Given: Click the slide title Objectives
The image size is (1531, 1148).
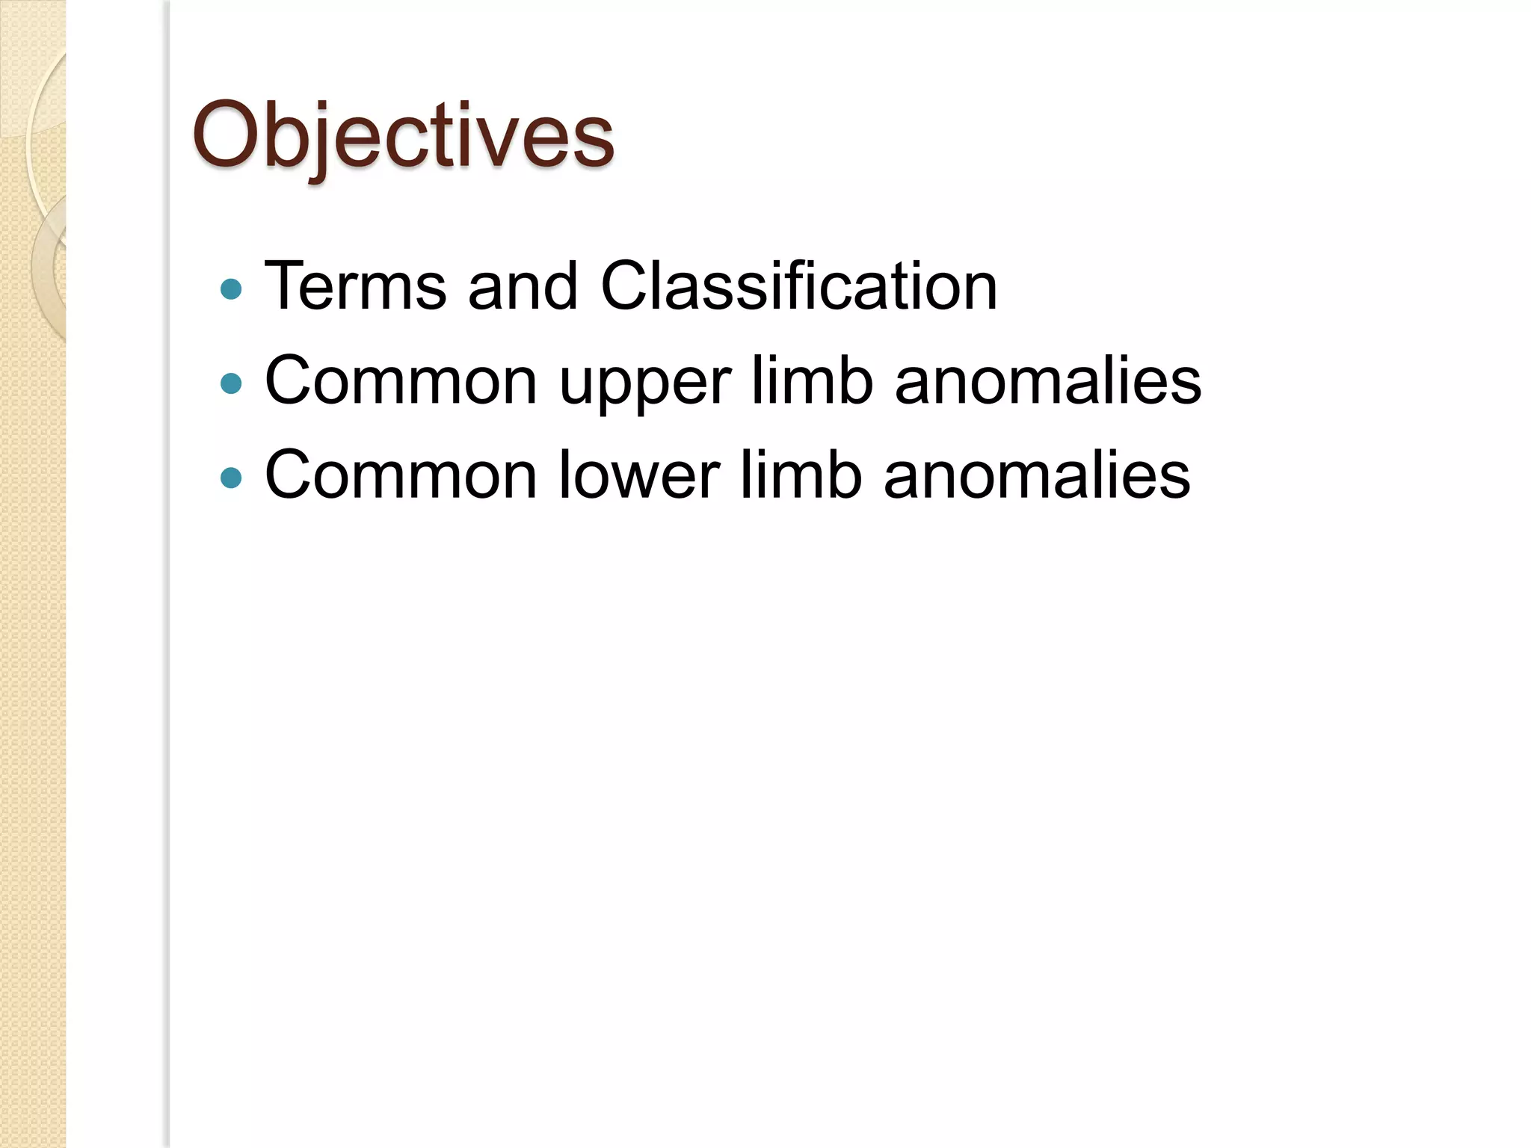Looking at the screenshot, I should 404,136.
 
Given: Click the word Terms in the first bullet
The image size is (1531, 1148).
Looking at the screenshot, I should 355,286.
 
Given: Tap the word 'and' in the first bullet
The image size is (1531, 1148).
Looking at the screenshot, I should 523,286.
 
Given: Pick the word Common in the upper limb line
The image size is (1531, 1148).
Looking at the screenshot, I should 401,381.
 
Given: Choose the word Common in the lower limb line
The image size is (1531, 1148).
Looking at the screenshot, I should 401,475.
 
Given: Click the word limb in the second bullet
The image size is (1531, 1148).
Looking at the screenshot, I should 811,381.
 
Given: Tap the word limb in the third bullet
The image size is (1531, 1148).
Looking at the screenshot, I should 801,475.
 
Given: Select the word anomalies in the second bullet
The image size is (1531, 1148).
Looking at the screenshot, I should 1047,381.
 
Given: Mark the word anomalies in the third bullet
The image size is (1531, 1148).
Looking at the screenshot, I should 1037,475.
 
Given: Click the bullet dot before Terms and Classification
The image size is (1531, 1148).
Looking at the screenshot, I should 232,289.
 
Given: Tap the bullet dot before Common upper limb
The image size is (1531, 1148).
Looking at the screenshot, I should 232,384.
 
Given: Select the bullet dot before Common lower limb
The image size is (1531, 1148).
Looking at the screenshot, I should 232,478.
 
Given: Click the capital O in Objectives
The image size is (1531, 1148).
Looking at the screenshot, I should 225,135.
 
